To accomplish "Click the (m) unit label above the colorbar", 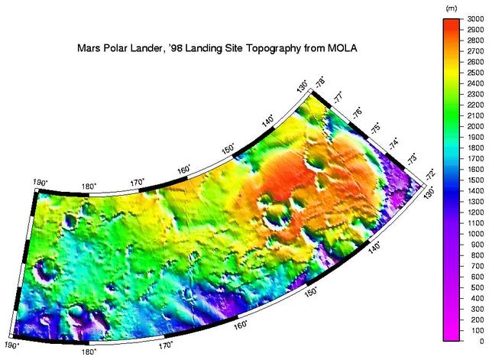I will point(451,7).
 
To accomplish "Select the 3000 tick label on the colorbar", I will point(474,18).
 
